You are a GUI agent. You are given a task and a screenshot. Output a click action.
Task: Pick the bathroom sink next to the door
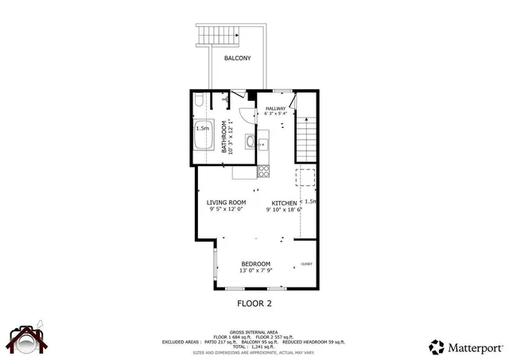pyautogui.click(x=251, y=143)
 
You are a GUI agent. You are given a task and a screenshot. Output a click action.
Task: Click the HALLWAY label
pyautogui.click(x=275, y=108)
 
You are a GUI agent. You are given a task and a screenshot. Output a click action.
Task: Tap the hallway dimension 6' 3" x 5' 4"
pyautogui.click(x=275, y=114)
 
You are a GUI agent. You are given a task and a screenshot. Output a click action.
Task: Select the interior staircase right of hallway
pyautogui.click(x=306, y=135)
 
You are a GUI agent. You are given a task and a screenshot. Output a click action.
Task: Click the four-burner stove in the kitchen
pyautogui.click(x=263, y=171)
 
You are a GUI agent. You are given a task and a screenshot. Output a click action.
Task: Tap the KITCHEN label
pyautogui.click(x=284, y=203)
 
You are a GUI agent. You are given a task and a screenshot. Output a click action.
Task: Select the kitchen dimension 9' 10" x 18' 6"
pyautogui.click(x=284, y=211)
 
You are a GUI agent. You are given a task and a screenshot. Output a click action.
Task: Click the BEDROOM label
pyautogui.click(x=255, y=264)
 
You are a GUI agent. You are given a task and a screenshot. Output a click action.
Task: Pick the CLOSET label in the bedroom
pyautogui.click(x=306, y=264)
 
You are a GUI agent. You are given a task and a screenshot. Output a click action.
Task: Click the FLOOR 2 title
pyautogui.click(x=255, y=303)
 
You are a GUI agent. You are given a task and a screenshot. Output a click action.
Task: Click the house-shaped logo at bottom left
pyautogui.click(x=27, y=339)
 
